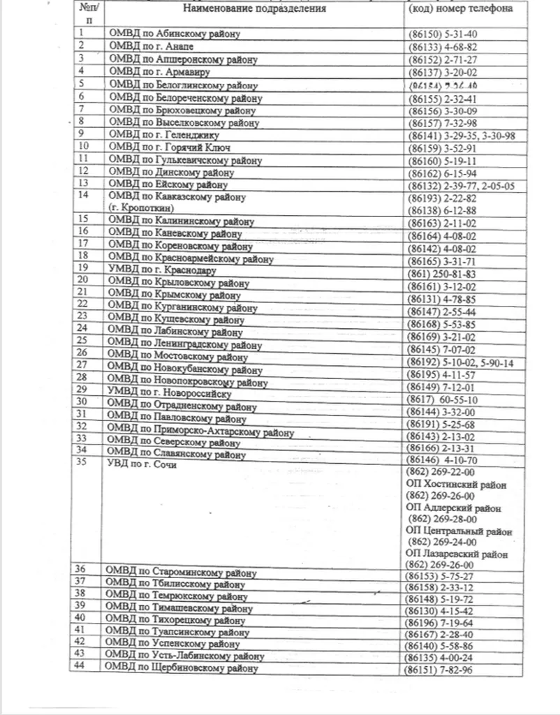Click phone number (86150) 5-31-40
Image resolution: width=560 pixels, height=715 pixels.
[x=441, y=34]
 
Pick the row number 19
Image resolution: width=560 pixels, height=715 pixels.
[x=83, y=267]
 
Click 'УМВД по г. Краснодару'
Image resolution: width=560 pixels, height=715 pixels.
[x=161, y=270]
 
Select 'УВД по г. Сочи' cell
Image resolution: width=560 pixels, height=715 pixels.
[x=140, y=466]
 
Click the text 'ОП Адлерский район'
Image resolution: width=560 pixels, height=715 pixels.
[x=453, y=508]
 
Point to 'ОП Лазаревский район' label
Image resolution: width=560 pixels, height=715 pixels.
[x=457, y=554]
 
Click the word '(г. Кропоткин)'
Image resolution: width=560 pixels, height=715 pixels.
[x=141, y=208]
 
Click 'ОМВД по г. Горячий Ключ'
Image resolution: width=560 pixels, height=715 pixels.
[x=170, y=147]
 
